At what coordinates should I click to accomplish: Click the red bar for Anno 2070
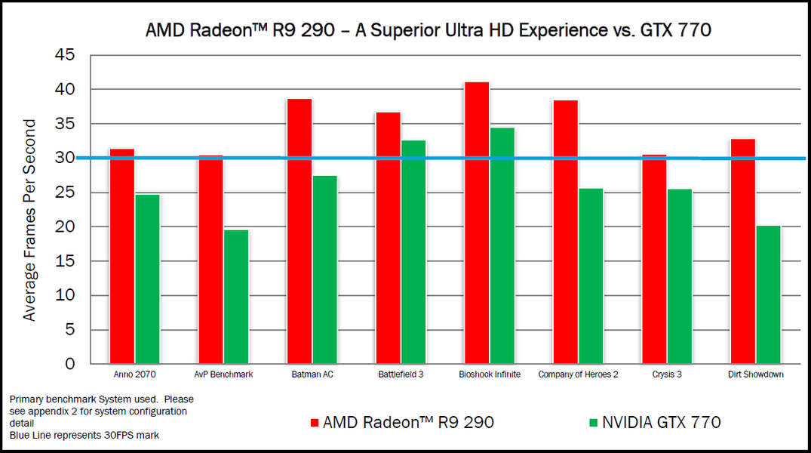point(121,257)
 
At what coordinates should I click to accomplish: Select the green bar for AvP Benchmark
point(235,297)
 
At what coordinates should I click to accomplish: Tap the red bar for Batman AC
point(299,231)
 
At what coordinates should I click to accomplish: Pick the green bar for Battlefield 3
point(413,252)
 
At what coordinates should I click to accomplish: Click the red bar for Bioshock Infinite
point(476,223)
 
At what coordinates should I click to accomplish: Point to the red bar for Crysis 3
point(653,259)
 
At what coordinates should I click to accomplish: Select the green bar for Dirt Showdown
point(767,294)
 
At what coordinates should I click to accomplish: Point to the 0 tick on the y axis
point(69,364)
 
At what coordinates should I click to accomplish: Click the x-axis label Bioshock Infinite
point(490,374)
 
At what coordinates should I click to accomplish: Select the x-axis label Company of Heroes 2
point(578,374)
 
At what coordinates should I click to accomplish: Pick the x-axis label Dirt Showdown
point(756,374)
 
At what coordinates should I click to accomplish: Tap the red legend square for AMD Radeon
point(315,422)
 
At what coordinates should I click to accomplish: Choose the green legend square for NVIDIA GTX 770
point(594,422)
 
